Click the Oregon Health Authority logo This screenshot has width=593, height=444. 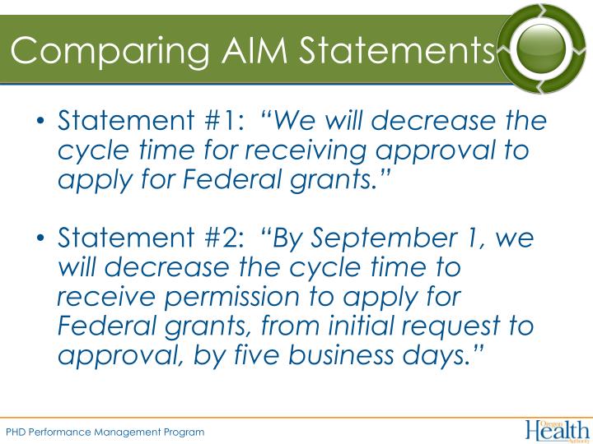point(556,428)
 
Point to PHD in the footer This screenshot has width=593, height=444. point(16,432)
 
